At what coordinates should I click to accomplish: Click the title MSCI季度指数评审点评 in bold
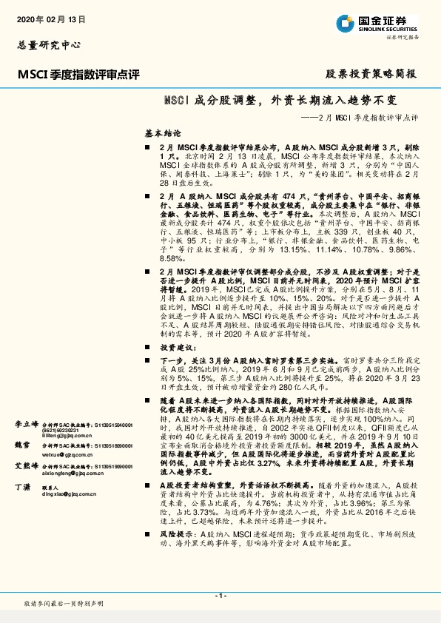click(78, 74)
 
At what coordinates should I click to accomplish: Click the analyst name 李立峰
click(26, 425)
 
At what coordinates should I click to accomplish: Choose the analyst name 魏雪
click(22, 446)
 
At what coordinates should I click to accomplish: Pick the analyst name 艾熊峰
click(26, 467)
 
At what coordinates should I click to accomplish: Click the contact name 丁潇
click(22, 488)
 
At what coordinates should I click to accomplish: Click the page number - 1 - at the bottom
click(220, 596)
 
